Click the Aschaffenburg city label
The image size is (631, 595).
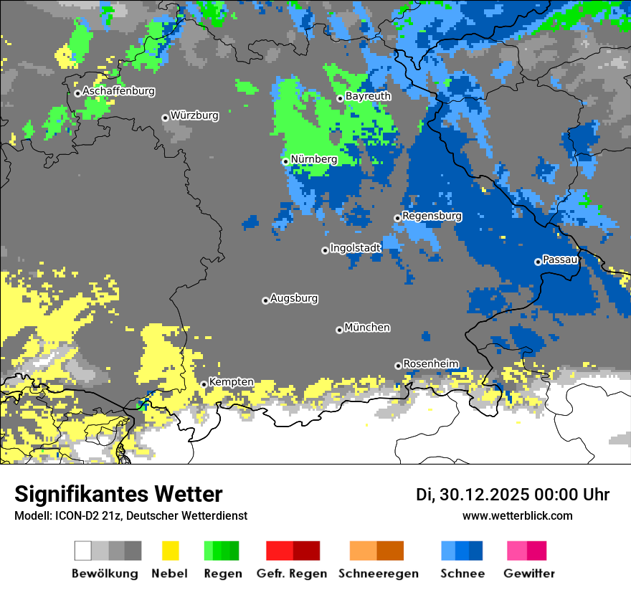118,92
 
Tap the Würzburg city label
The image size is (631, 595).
194,115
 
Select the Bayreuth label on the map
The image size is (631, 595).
368,96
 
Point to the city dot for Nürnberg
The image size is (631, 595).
285,161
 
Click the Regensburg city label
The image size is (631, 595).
432,216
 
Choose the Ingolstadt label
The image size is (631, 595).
355,248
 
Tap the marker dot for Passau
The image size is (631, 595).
538,262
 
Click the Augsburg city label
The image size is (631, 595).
294,298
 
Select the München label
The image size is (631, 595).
367,328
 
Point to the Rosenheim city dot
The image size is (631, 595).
398,366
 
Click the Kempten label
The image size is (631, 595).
231,382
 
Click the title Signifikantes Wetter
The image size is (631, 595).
118,494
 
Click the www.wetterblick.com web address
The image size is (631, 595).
517,515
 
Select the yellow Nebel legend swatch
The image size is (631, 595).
170,551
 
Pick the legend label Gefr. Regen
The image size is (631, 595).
292,573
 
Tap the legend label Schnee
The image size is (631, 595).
462,573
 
